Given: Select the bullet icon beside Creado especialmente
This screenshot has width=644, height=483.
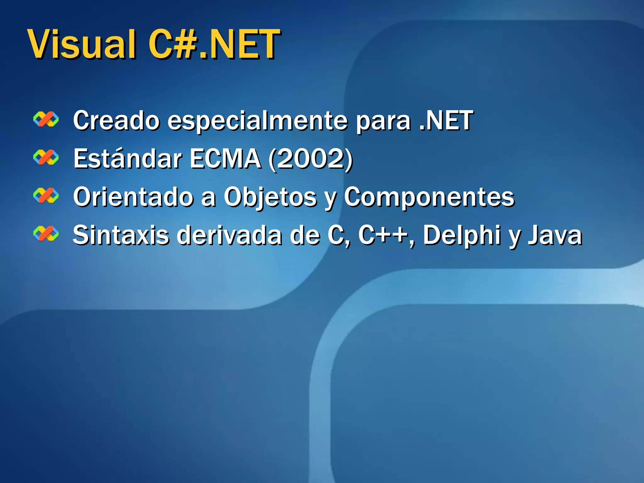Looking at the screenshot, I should click(46, 119).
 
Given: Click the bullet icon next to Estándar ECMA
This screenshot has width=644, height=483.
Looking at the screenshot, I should click(46, 158).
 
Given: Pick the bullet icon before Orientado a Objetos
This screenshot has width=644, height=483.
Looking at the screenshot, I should click(46, 196).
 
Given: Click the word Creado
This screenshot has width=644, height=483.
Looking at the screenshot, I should click(116, 120).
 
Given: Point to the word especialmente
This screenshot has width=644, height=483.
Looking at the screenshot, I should click(257, 121).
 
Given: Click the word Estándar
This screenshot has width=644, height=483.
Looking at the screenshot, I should click(127, 158).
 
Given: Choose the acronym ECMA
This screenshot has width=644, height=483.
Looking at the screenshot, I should click(225, 158).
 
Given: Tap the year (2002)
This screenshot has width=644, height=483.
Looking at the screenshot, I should click(311, 159).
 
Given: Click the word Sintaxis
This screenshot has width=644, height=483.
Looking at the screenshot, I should click(121, 236).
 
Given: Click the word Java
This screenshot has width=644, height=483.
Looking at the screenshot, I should click(555, 236).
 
